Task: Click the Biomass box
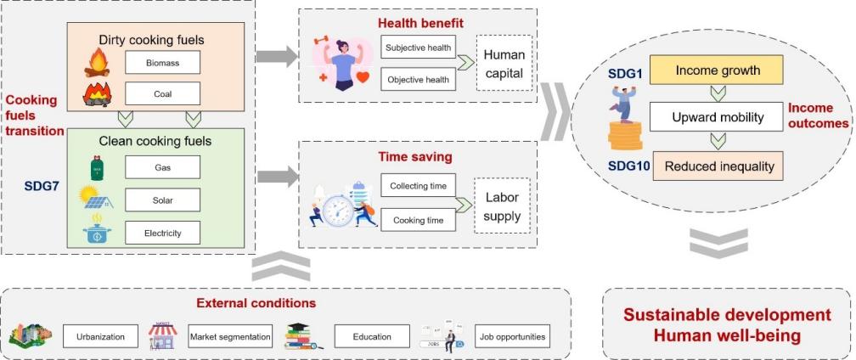161,62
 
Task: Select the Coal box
161,93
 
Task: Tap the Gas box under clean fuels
161,166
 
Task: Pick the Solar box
161,200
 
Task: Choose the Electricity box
161,231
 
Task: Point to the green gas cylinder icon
96,166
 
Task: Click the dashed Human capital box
505,64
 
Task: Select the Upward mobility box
717,117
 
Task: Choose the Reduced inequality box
717,166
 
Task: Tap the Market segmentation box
230,337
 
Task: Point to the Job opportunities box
511,337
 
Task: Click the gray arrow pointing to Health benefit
277,56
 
